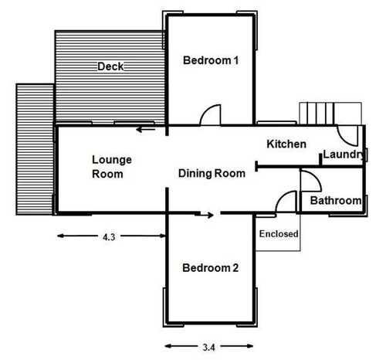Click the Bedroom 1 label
coord(211,60)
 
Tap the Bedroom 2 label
coord(210,268)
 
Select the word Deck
coord(110,66)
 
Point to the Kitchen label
coord(286,144)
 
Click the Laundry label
coord(344,155)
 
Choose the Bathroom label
coord(336,201)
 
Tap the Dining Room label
coord(212,173)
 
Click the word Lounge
coord(112,160)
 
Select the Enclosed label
coord(279,234)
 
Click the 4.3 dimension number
coord(109,237)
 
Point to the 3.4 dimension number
coord(208,348)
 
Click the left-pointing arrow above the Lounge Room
coord(146,129)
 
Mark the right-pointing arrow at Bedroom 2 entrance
coord(204,215)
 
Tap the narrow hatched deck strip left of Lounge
coord(35,149)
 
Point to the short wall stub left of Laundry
coord(321,160)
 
